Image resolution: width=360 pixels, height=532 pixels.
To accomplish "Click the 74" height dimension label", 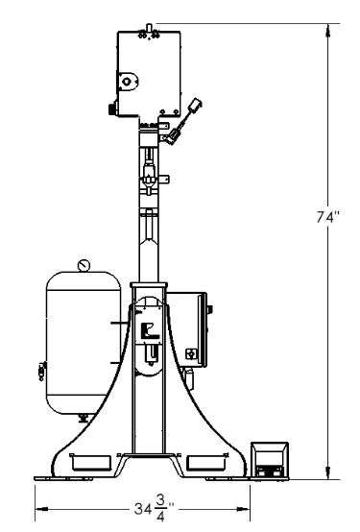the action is [327, 217].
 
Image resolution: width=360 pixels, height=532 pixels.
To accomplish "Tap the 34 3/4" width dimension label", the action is [154, 509].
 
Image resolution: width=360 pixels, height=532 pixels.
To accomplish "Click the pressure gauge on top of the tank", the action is [84, 265].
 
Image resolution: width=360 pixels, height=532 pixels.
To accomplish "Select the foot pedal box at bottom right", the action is [270, 460].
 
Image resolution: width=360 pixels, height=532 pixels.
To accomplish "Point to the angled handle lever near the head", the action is [183, 121].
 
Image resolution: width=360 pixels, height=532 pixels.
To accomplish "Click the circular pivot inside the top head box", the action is [127, 82].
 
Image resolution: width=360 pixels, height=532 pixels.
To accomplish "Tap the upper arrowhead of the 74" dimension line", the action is [327, 30].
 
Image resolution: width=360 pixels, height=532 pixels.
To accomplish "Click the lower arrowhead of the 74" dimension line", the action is [327, 473].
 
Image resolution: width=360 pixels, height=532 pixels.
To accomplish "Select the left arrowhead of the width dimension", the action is [41, 509].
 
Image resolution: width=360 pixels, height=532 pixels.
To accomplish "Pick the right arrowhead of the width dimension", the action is [243, 509].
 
